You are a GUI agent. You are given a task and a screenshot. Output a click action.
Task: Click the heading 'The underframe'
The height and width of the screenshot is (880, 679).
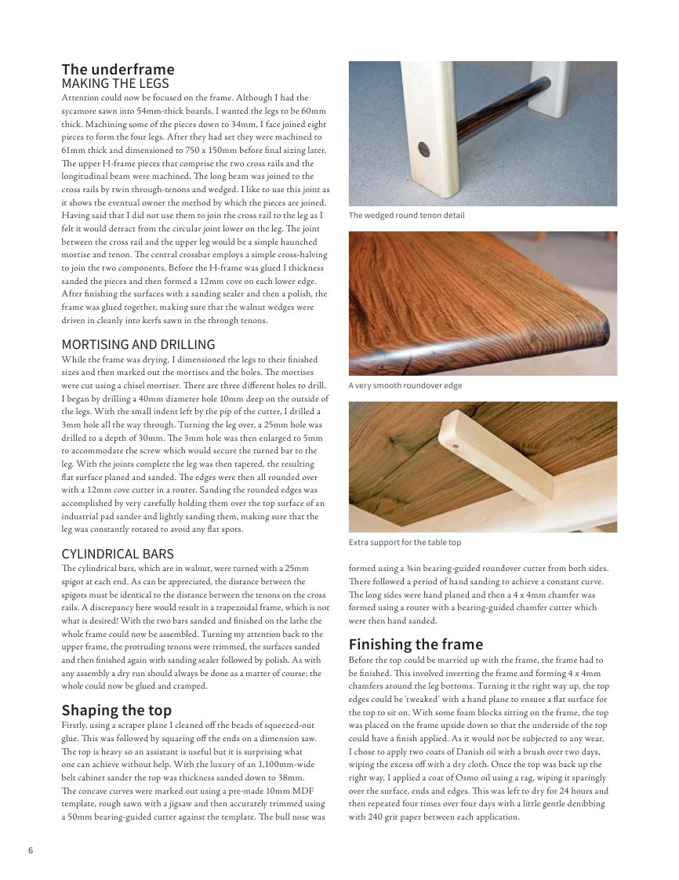118,69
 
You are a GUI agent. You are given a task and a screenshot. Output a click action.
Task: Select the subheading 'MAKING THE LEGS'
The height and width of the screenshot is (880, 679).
115,83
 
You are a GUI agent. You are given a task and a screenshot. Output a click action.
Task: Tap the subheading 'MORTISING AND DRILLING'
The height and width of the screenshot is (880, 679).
138,344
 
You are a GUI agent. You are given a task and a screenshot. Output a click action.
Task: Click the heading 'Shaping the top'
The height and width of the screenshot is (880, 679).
117,711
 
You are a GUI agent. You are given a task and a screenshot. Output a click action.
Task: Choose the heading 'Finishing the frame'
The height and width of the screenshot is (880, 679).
416,645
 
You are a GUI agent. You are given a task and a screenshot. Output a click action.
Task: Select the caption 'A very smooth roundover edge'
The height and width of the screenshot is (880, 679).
405,386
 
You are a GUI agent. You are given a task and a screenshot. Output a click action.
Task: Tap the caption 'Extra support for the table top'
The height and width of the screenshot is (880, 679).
405,543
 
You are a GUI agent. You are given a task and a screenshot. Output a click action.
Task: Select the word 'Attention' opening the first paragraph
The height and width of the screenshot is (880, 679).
78,98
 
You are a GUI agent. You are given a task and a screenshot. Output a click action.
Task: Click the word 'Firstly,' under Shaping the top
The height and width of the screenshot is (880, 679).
76,725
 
